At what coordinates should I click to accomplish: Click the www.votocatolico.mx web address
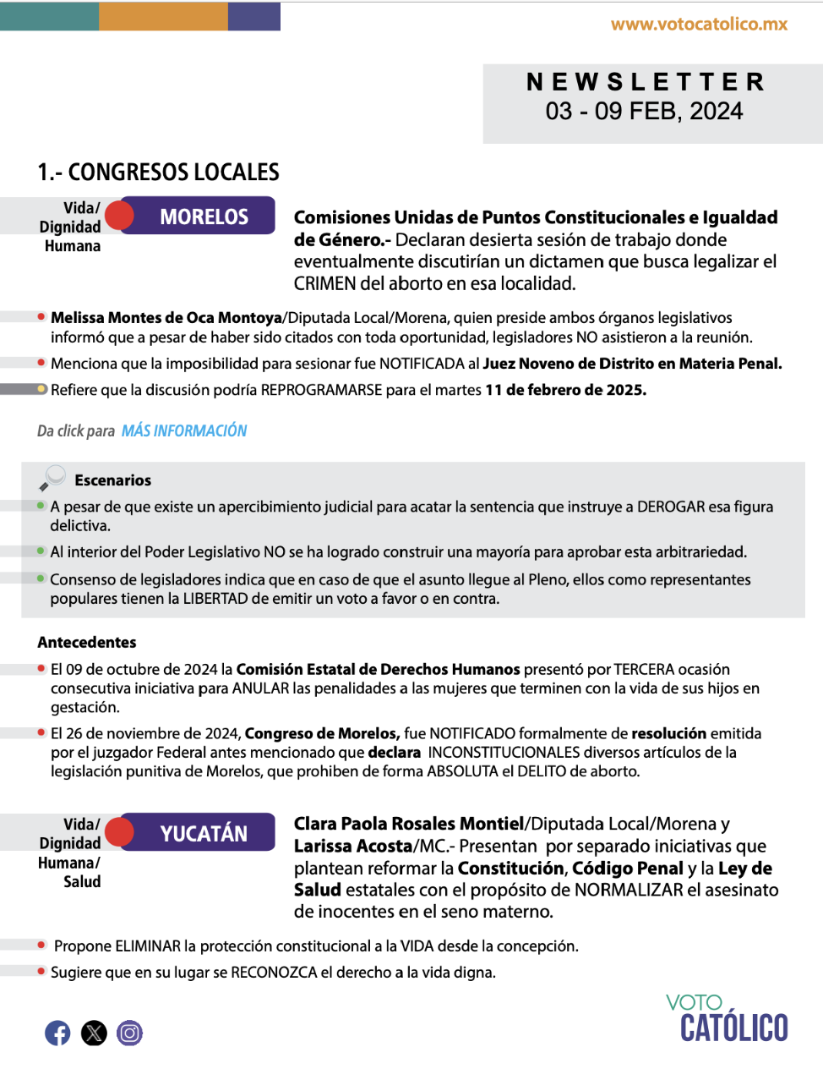pos(699,25)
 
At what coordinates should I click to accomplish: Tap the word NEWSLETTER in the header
pos(646,82)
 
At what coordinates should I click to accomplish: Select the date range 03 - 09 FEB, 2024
pos(644,112)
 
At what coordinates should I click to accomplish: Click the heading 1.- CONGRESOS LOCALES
pos(158,173)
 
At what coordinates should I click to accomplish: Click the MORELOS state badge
pos(204,217)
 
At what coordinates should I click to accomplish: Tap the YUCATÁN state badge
pos(204,834)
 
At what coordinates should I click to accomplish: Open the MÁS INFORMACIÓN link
pos(184,431)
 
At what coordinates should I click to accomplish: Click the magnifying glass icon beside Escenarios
pos(52,478)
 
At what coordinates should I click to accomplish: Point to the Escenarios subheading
pos(113,480)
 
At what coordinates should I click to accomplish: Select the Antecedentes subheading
pos(87,643)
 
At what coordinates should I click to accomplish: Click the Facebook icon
pos(57,1033)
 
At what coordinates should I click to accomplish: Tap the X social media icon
pos(94,1033)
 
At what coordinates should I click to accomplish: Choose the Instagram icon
pos(129,1033)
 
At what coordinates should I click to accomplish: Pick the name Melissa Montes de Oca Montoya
pos(166,318)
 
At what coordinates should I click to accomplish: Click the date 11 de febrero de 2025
pos(565,391)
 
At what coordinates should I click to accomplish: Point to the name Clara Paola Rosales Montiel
pos(409,824)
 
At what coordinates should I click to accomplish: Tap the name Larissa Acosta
pos(353,847)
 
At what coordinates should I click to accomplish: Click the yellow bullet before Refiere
pos(41,389)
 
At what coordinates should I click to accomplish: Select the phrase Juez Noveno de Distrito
pos(565,364)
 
